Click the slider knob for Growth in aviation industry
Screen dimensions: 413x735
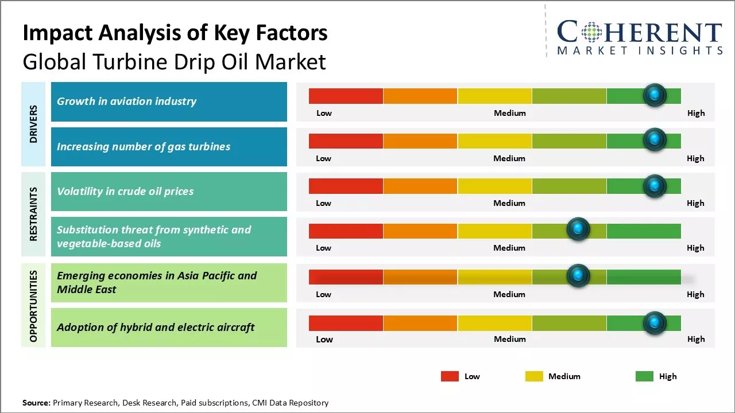coord(655,95)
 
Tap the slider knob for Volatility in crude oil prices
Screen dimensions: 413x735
coord(655,186)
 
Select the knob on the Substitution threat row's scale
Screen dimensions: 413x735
coord(578,229)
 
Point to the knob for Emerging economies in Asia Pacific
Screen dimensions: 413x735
coord(578,276)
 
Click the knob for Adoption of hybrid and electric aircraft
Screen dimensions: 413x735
coord(655,323)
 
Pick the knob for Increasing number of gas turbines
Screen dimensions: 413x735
coord(655,140)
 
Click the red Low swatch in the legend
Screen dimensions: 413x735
coord(450,376)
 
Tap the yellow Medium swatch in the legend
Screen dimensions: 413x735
coord(534,376)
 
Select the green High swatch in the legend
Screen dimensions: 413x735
coord(644,376)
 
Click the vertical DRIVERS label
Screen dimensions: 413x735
coord(33,124)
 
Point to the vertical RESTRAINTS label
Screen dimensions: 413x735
coord(33,213)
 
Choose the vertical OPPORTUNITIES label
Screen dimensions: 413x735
coord(33,306)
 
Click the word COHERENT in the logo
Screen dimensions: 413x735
coord(640,32)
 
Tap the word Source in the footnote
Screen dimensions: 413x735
coord(36,403)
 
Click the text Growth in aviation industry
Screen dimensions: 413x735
coord(126,102)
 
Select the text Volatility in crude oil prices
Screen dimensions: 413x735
coord(125,191)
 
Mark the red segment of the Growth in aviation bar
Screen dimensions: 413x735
coord(346,96)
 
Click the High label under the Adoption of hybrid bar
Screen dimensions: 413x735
coord(696,339)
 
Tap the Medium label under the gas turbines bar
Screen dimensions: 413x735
coord(509,158)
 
